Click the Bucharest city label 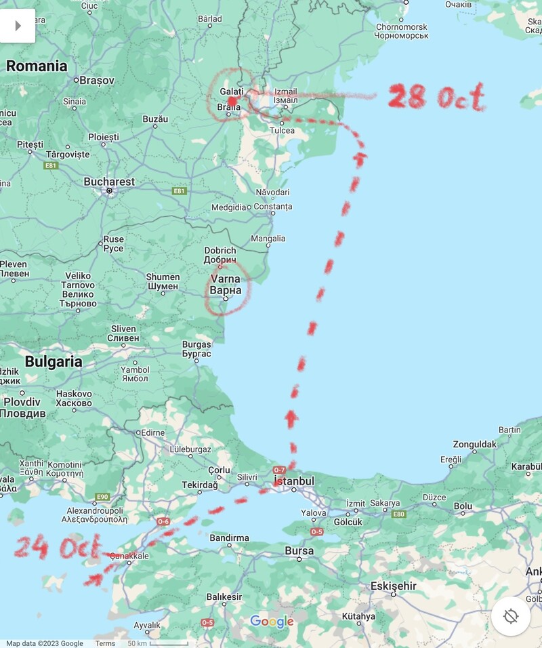coord(109,182)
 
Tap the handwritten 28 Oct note coord(436,98)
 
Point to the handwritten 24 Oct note coord(57,546)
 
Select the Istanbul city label coord(293,481)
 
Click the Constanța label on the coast coord(273,206)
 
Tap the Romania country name coord(37,66)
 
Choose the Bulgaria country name coord(54,361)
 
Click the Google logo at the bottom coord(272,622)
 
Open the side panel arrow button coord(18,26)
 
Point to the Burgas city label coord(196,349)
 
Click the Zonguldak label coord(475,445)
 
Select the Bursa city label coord(299,551)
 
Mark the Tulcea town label coord(282,130)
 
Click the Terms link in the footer coord(105,643)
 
